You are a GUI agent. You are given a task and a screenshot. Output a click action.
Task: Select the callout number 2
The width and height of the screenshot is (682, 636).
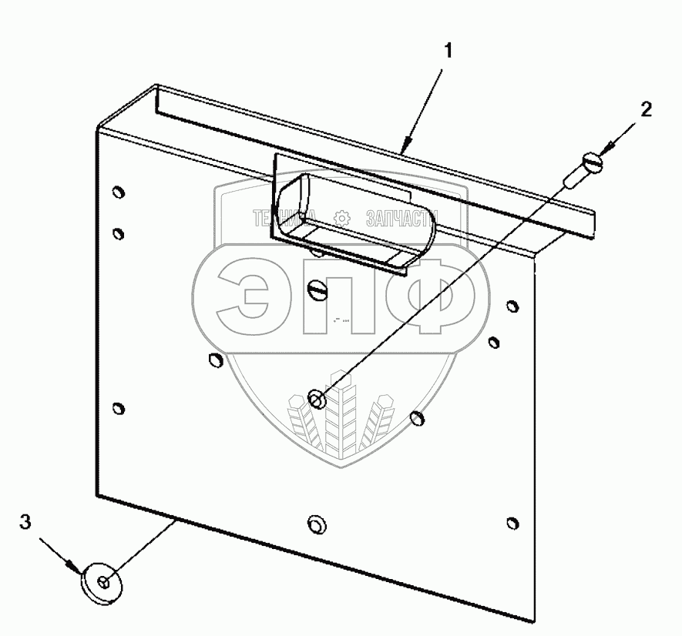point(646,109)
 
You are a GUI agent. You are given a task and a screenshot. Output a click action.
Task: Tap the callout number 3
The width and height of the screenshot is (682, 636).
point(25,523)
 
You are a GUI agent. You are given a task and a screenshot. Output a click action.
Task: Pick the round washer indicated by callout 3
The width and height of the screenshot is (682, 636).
point(102,583)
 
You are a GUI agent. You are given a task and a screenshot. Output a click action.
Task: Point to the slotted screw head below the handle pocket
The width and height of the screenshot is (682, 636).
point(318,291)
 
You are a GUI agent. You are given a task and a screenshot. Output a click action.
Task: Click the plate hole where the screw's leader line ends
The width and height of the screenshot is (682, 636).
point(316,398)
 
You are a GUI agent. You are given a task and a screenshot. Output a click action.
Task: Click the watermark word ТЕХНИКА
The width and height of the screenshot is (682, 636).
point(281,219)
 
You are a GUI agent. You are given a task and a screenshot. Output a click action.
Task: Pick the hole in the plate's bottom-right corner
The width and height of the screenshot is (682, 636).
point(512,524)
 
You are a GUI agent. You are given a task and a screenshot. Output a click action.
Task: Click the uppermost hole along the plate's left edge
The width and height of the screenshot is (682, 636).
point(117,192)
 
